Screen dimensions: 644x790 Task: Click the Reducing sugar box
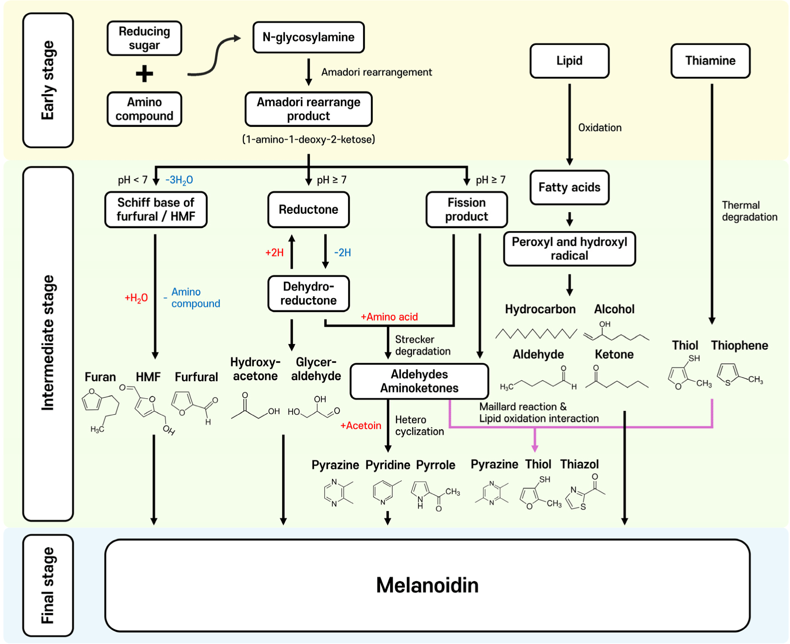144,38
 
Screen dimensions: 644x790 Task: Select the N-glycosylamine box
308,37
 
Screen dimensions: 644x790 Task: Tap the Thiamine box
710,61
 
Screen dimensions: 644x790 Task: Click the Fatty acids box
569,188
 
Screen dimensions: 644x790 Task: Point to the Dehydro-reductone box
308,294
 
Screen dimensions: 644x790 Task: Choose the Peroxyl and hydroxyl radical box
569,248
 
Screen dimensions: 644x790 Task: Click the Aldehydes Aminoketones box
419,381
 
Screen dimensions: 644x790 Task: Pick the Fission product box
466,209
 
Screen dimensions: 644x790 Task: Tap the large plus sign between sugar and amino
144,74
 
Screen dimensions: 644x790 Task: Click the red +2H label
274,253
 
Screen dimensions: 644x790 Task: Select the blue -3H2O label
179,180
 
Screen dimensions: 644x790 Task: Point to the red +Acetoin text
361,426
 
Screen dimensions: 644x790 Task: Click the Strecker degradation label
422,345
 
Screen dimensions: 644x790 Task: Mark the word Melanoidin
427,585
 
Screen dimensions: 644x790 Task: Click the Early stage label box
48,81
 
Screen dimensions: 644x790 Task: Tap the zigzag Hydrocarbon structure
536,334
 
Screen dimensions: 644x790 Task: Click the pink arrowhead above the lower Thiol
535,448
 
